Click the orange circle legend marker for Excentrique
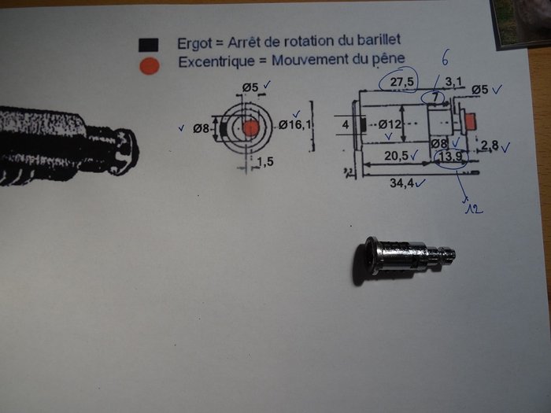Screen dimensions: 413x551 [148, 65]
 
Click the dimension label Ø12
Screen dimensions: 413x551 [391, 124]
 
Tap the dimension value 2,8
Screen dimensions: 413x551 [490, 146]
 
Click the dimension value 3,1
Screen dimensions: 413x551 [455, 81]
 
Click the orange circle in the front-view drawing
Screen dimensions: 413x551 [250, 127]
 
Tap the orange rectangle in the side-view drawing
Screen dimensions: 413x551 [471, 120]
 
